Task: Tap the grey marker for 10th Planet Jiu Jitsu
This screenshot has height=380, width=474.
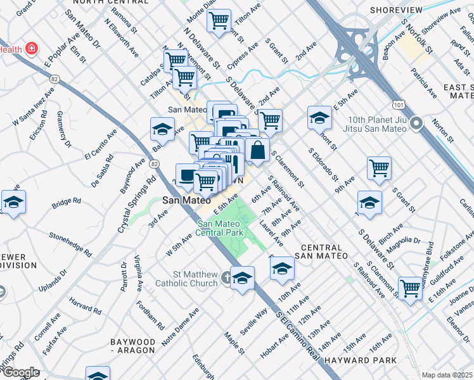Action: (x=416, y=123)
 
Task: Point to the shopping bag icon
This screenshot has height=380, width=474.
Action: (x=258, y=151)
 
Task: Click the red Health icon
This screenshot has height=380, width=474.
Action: (x=30, y=49)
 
